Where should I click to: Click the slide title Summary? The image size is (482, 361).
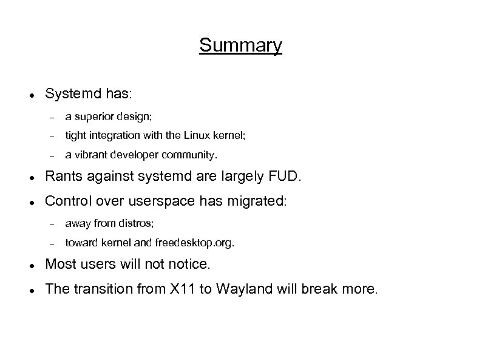[x=240, y=46]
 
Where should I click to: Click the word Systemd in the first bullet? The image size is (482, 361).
[x=67, y=95]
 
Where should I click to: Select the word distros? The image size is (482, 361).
[x=140, y=223]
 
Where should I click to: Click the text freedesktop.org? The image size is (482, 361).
[x=194, y=243]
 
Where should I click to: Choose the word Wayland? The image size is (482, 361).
[x=241, y=289]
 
